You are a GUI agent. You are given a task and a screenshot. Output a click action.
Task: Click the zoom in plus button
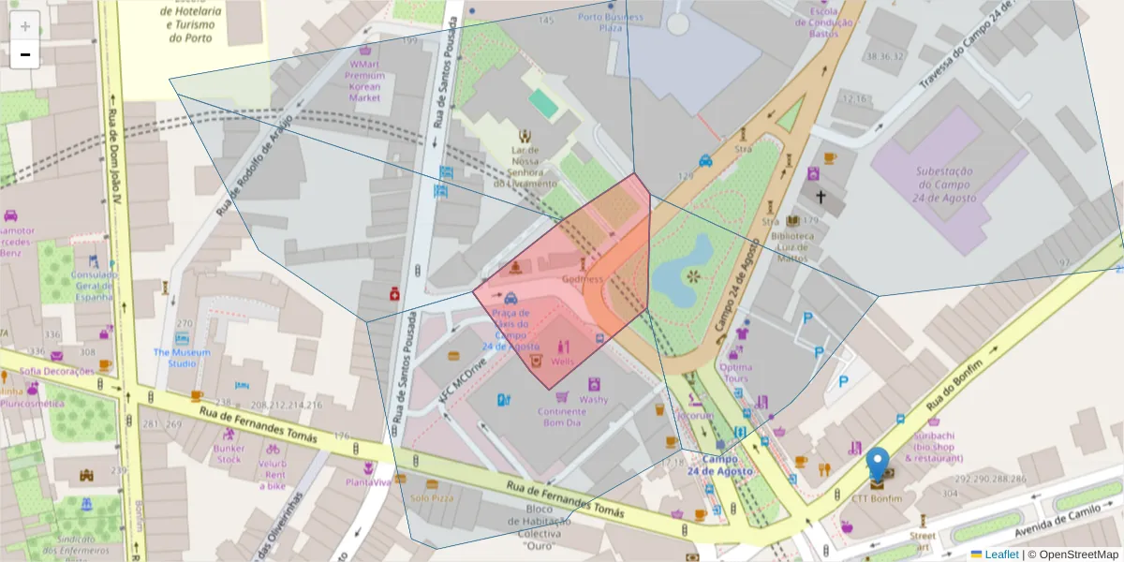click(25, 25)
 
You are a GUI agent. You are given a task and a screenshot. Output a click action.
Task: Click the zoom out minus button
click(25, 54)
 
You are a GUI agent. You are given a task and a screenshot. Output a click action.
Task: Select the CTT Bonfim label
click(877, 498)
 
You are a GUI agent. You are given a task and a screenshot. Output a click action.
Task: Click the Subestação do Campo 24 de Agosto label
click(944, 185)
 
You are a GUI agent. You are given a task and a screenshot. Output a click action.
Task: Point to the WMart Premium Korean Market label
click(364, 81)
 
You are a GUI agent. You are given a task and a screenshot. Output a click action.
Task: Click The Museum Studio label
click(182, 357)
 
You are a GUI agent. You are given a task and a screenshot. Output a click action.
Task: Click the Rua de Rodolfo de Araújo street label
click(254, 160)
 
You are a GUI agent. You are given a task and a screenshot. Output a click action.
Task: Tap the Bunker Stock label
click(229, 453)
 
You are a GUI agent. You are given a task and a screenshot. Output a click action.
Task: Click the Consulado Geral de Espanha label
click(94, 286)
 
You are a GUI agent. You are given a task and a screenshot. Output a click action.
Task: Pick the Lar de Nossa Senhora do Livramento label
click(525, 167)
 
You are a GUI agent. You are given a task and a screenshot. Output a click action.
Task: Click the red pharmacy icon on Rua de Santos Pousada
click(395, 294)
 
